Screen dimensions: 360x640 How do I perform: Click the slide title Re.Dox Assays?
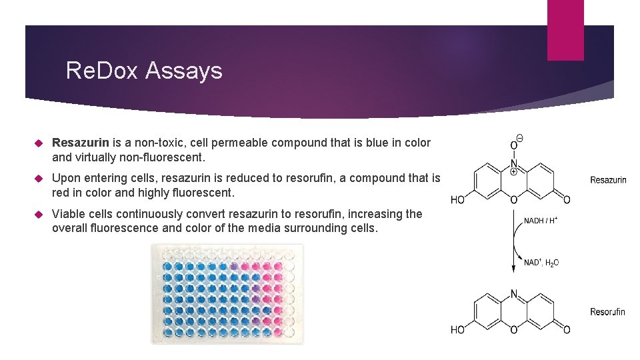144,70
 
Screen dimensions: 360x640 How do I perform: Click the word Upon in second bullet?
65,178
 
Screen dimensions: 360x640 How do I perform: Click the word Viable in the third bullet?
69,214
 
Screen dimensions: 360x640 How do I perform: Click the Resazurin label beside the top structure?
608,180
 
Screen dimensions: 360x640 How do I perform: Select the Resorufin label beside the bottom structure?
607,311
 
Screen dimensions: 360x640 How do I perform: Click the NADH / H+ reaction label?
540,221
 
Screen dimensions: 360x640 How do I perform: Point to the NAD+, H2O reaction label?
541,263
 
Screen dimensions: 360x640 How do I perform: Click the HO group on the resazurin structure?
458,199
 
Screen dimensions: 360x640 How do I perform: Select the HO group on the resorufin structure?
458,329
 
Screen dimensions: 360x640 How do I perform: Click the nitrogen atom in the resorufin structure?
513,293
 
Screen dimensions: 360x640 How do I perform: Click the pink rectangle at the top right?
565,30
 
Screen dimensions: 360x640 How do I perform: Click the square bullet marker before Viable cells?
39,215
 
